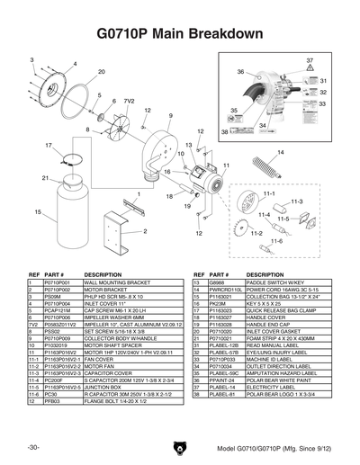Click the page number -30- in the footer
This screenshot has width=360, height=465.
point(33,447)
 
